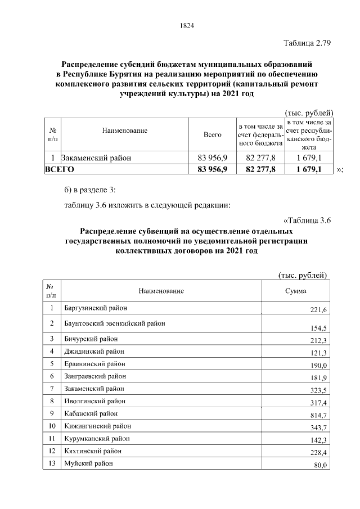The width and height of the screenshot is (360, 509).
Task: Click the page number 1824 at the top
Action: click(x=187, y=25)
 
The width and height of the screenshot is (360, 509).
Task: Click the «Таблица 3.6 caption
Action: click(x=307, y=220)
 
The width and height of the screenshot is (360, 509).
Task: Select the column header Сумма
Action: click(x=295, y=291)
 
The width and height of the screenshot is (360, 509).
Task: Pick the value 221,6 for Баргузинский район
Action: click(x=318, y=310)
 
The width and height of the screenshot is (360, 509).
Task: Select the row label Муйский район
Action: click(x=88, y=463)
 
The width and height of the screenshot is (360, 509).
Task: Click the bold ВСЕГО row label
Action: click(x=60, y=169)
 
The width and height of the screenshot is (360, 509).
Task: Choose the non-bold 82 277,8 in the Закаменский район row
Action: click(x=260, y=158)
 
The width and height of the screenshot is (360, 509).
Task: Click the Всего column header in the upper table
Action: click(x=212, y=134)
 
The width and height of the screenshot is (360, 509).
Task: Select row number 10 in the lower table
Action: click(x=51, y=426)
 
